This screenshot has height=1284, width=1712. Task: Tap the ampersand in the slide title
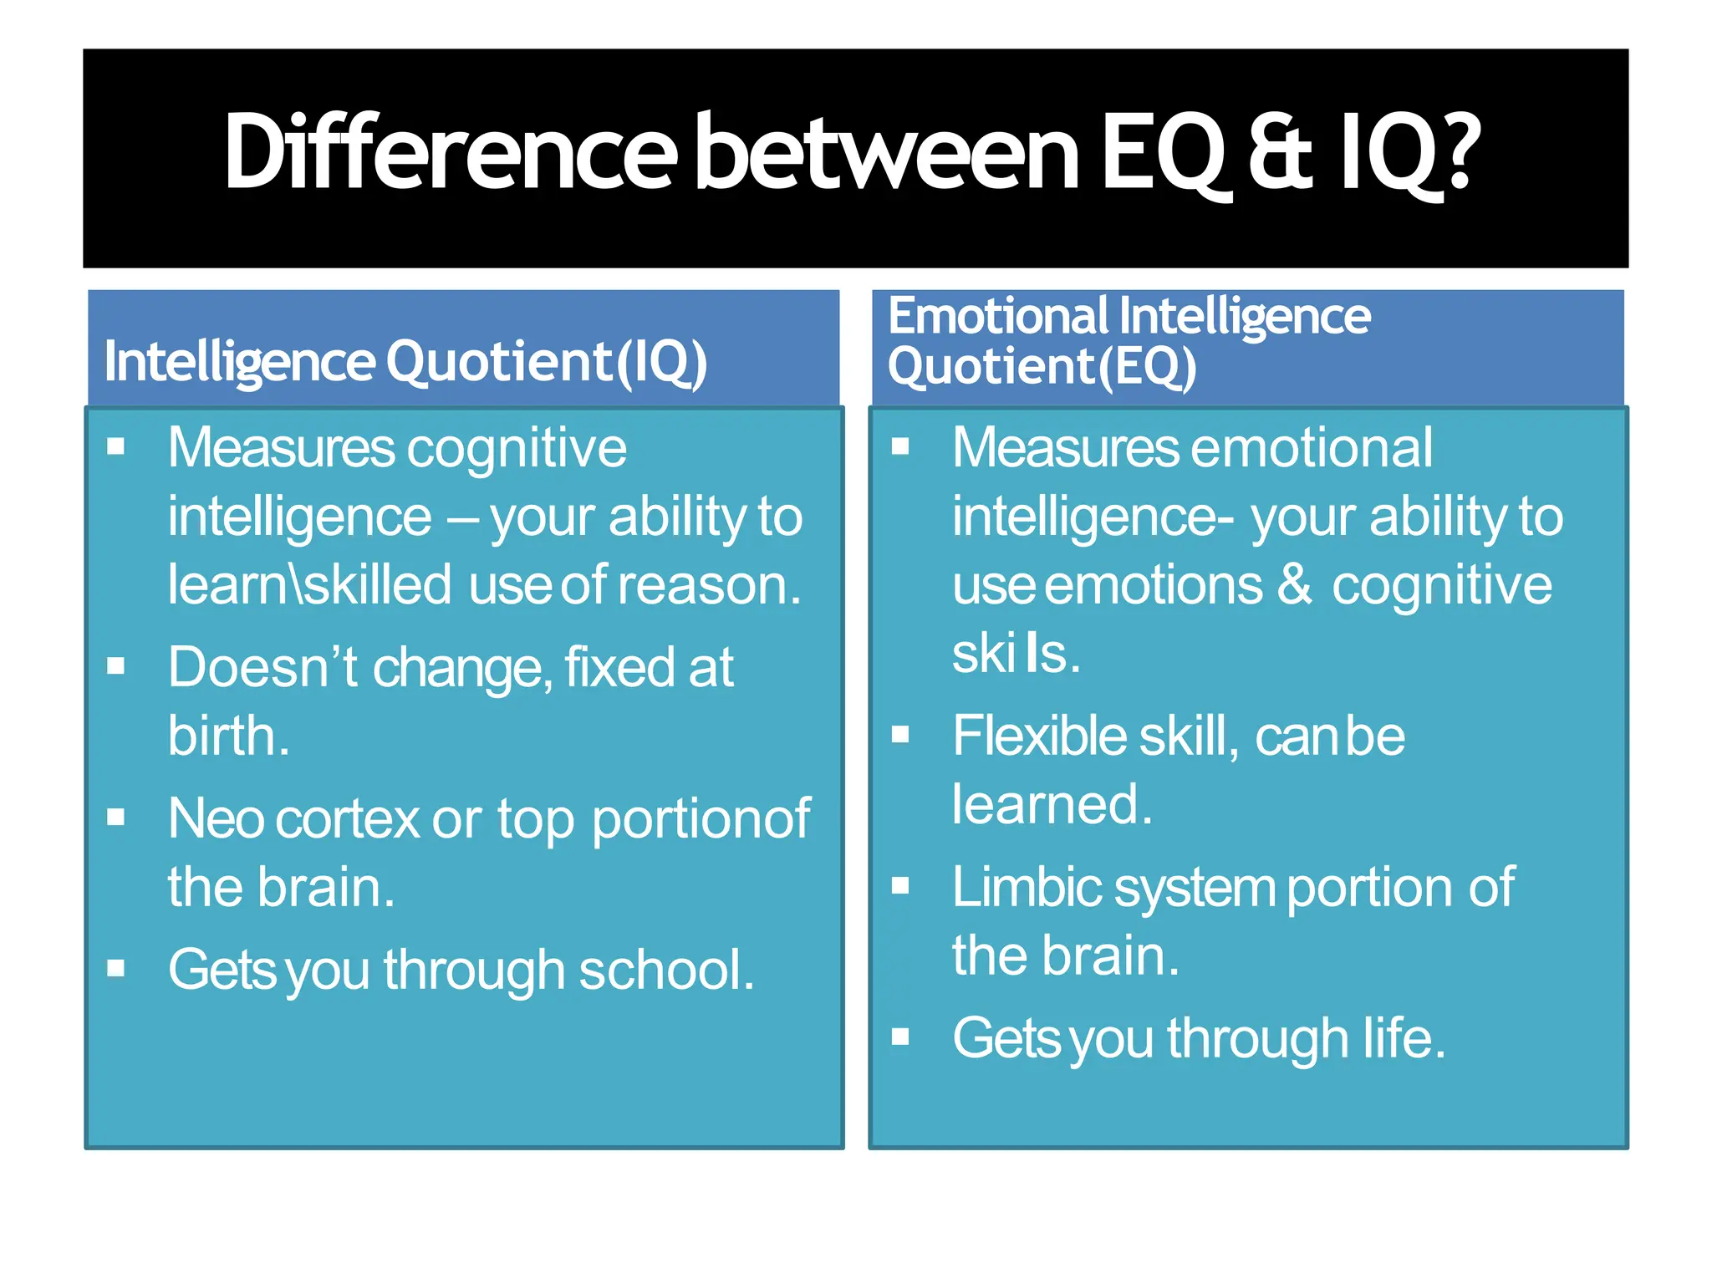[x=1279, y=154]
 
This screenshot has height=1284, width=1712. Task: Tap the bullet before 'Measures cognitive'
[x=116, y=446]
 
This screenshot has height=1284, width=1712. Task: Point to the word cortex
[x=347, y=818]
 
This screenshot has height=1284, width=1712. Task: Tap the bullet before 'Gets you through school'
[x=116, y=969]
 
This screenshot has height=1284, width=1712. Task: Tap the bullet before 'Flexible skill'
[x=900, y=735]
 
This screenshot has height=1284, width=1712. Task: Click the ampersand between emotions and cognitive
[x=1294, y=584]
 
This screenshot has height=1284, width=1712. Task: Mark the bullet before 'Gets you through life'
[x=900, y=1037]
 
